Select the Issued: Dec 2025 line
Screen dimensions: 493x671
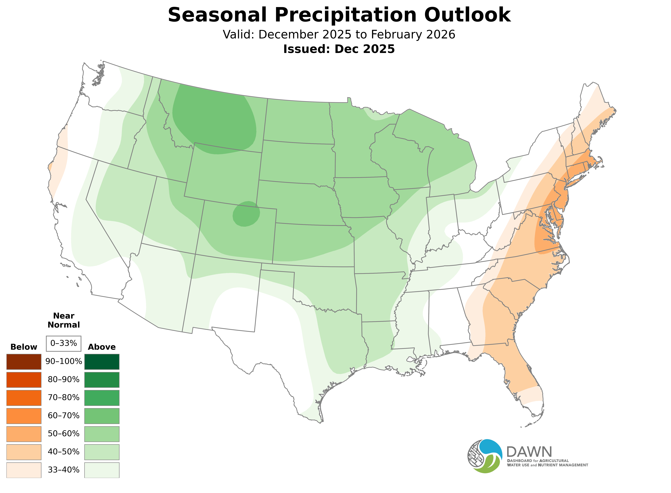[x=339, y=49]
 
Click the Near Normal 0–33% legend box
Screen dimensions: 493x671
[x=64, y=343]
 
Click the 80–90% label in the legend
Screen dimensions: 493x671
[x=64, y=380]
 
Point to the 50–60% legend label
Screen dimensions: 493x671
[x=64, y=434]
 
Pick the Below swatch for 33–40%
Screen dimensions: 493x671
[x=24, y=470]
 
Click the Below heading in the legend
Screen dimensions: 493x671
[x=24, y=347]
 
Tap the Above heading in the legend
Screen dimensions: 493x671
[x=102, y=347]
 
